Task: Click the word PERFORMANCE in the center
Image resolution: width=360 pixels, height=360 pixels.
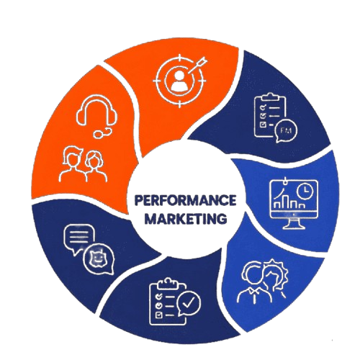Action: click(185, 200)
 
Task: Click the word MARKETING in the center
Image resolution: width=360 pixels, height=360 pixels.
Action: click(186, 219)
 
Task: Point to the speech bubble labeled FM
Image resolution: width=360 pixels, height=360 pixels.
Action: click(286, 131)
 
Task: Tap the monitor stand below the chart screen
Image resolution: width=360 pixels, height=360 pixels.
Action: click(293, 224)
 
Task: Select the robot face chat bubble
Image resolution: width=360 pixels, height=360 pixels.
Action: click(99, 258)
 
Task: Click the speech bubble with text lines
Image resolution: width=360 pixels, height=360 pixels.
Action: click(79, 238)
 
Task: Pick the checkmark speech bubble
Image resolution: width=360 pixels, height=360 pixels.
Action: click(189, 304)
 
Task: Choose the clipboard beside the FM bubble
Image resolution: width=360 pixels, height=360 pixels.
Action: click(270, 115)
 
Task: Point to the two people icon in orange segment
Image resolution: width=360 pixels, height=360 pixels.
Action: click(83, 164)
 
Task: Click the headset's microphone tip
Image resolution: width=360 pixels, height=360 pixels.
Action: click(98, 135)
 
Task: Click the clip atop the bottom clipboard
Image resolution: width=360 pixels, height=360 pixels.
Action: click(168, 282)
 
